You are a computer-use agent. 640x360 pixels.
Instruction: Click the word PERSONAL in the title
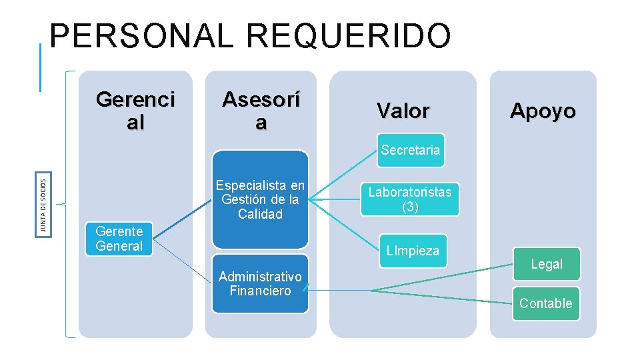141,37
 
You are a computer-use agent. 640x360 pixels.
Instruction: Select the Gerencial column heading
135,111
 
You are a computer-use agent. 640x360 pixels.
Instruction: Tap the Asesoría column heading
261,111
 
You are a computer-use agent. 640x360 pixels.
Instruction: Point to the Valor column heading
403,111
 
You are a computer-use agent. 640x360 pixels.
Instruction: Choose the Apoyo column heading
543,111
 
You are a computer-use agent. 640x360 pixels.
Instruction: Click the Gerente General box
119,239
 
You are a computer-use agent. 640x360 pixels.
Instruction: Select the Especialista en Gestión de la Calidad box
260,199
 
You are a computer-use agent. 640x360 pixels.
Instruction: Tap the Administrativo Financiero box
260,283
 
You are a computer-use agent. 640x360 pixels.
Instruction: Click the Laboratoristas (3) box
409,199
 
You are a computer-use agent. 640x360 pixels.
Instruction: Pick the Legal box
547,264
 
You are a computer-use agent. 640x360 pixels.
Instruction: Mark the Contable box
545,303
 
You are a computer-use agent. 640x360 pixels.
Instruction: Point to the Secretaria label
411,150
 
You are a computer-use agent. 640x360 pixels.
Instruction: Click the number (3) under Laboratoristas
410,207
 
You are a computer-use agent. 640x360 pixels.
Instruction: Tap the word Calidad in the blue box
260,214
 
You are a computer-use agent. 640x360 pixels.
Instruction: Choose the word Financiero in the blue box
260,291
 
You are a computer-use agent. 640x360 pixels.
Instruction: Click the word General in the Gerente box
119,246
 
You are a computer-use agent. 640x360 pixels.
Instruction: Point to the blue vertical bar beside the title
41,67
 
